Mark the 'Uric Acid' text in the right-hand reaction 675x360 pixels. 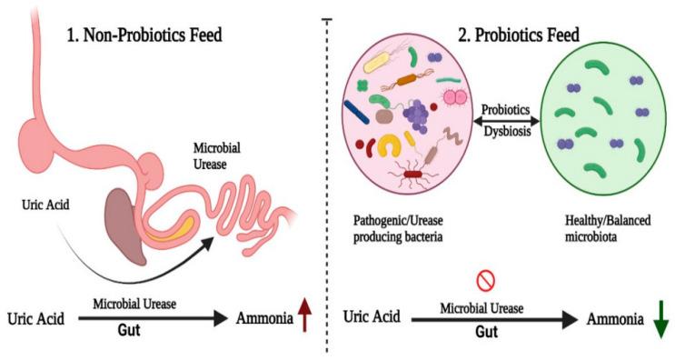point(373,319)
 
